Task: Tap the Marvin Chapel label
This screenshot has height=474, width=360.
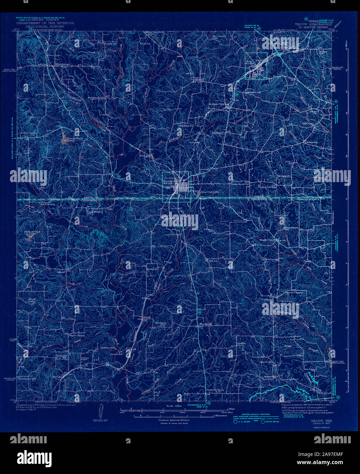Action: [294, 292]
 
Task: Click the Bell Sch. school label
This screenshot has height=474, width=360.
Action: [213, 261]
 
